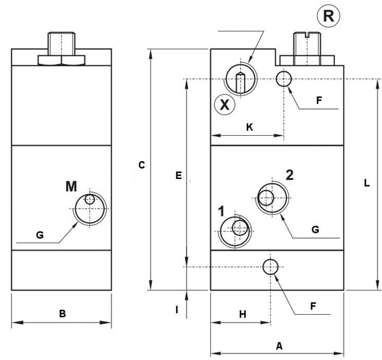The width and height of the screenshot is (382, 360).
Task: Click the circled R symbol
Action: (328, 16)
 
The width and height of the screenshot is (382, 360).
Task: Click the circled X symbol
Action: (225, 105)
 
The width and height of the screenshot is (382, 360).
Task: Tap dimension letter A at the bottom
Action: (279, 346)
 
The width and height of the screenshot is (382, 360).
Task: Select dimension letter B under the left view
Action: (62, 313)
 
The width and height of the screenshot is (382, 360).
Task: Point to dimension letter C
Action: (141, 165)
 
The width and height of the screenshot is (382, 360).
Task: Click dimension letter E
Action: (178, 175)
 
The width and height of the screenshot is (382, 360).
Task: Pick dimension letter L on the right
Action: (367, 183)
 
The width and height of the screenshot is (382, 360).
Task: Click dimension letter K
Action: (249, 127)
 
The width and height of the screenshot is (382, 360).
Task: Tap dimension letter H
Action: (243, 314)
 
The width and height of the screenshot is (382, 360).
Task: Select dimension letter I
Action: (177, 310)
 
